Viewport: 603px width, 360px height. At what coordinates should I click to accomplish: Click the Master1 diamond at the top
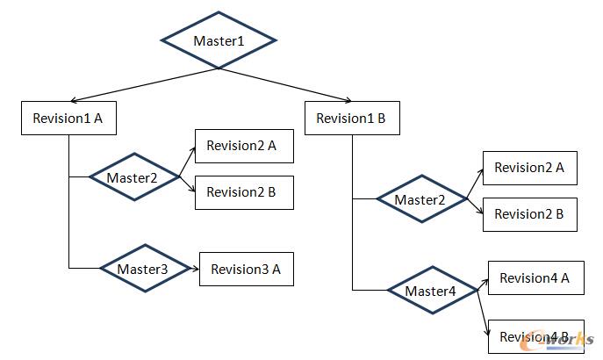coord(219,40)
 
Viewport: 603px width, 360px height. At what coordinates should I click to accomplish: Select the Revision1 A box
coord(68,119)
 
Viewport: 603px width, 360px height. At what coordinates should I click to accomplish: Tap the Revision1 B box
coord(352,119)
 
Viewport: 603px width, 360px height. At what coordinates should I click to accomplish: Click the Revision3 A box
coord(246,269)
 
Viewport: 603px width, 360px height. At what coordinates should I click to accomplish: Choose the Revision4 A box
coord(535,278)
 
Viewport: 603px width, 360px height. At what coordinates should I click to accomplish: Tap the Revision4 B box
coord(535,336)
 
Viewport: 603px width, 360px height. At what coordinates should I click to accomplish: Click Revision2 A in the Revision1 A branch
coord(242,147)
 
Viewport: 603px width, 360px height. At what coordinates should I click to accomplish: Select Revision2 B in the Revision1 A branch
coord(242,193)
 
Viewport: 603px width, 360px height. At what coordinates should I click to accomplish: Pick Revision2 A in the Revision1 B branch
coord(529,167)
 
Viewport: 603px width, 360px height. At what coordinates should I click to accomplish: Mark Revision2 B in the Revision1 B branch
coord(529,213)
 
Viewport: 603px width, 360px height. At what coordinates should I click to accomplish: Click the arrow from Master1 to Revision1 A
coord(145,84)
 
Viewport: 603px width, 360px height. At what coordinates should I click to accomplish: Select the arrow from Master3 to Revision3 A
coord(194,269)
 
